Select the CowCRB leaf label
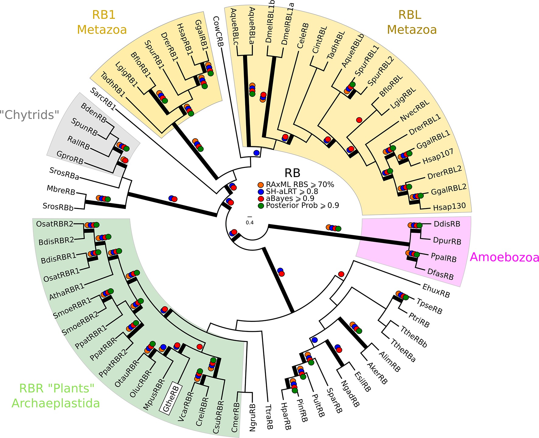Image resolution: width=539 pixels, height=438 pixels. [218, 31]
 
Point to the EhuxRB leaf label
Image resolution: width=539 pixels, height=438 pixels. [436, 290]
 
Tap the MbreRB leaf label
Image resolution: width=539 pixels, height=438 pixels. [61, 190]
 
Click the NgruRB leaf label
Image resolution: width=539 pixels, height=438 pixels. [252, 418]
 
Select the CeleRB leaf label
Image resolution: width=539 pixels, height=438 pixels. [303, 36]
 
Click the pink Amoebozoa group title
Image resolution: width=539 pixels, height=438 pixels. [504, 257]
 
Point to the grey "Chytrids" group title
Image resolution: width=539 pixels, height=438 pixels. [30, 115]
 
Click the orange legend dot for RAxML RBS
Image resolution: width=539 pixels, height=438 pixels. [260, 185]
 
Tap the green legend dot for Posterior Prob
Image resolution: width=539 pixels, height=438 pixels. [260, 206]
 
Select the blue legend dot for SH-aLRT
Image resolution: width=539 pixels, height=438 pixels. [260, 192]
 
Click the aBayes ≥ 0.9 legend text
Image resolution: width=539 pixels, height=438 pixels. [290, 199]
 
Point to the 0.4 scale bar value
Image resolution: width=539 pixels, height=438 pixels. [250, 223]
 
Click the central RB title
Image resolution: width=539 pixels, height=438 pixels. [292, 173]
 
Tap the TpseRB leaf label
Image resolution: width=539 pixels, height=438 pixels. [429, 306]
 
